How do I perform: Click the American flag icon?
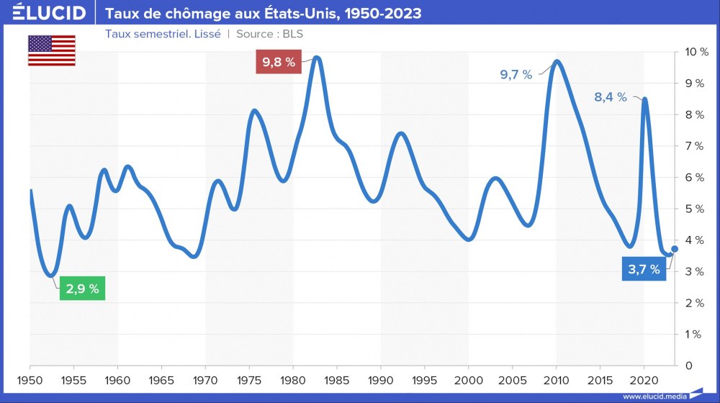point(52,50)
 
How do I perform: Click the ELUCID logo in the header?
point(49,13)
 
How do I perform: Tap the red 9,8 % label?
point(279,62)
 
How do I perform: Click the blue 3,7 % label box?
point(644,270)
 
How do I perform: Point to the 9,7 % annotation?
point(516,74)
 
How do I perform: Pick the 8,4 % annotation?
point(611,97)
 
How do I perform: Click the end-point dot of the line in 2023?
point(675,249)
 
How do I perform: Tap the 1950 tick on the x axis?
point(30,379)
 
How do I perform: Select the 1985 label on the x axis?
point(337,379)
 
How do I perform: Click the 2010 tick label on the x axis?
point(556,379)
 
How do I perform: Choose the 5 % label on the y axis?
point(693,209)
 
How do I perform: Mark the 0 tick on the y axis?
point(688,366)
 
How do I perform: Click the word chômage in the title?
point(177,14)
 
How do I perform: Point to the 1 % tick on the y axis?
point(693,334)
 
